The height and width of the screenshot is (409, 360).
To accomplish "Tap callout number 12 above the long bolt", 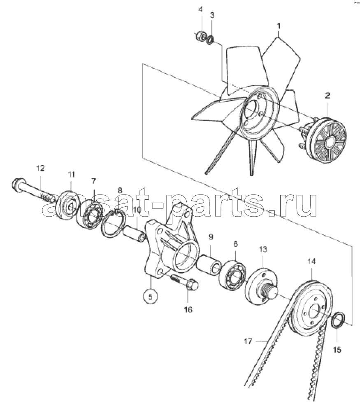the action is (40, 168).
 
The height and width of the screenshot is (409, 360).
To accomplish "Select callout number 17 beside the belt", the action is (248, 341).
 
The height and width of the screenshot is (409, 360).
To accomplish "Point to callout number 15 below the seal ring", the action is (337, 350).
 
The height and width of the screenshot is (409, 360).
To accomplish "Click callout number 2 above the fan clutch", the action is (327, 95).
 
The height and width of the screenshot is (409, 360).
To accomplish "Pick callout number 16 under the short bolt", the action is (188, 309).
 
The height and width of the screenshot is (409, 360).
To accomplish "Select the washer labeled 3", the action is (210, 40).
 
